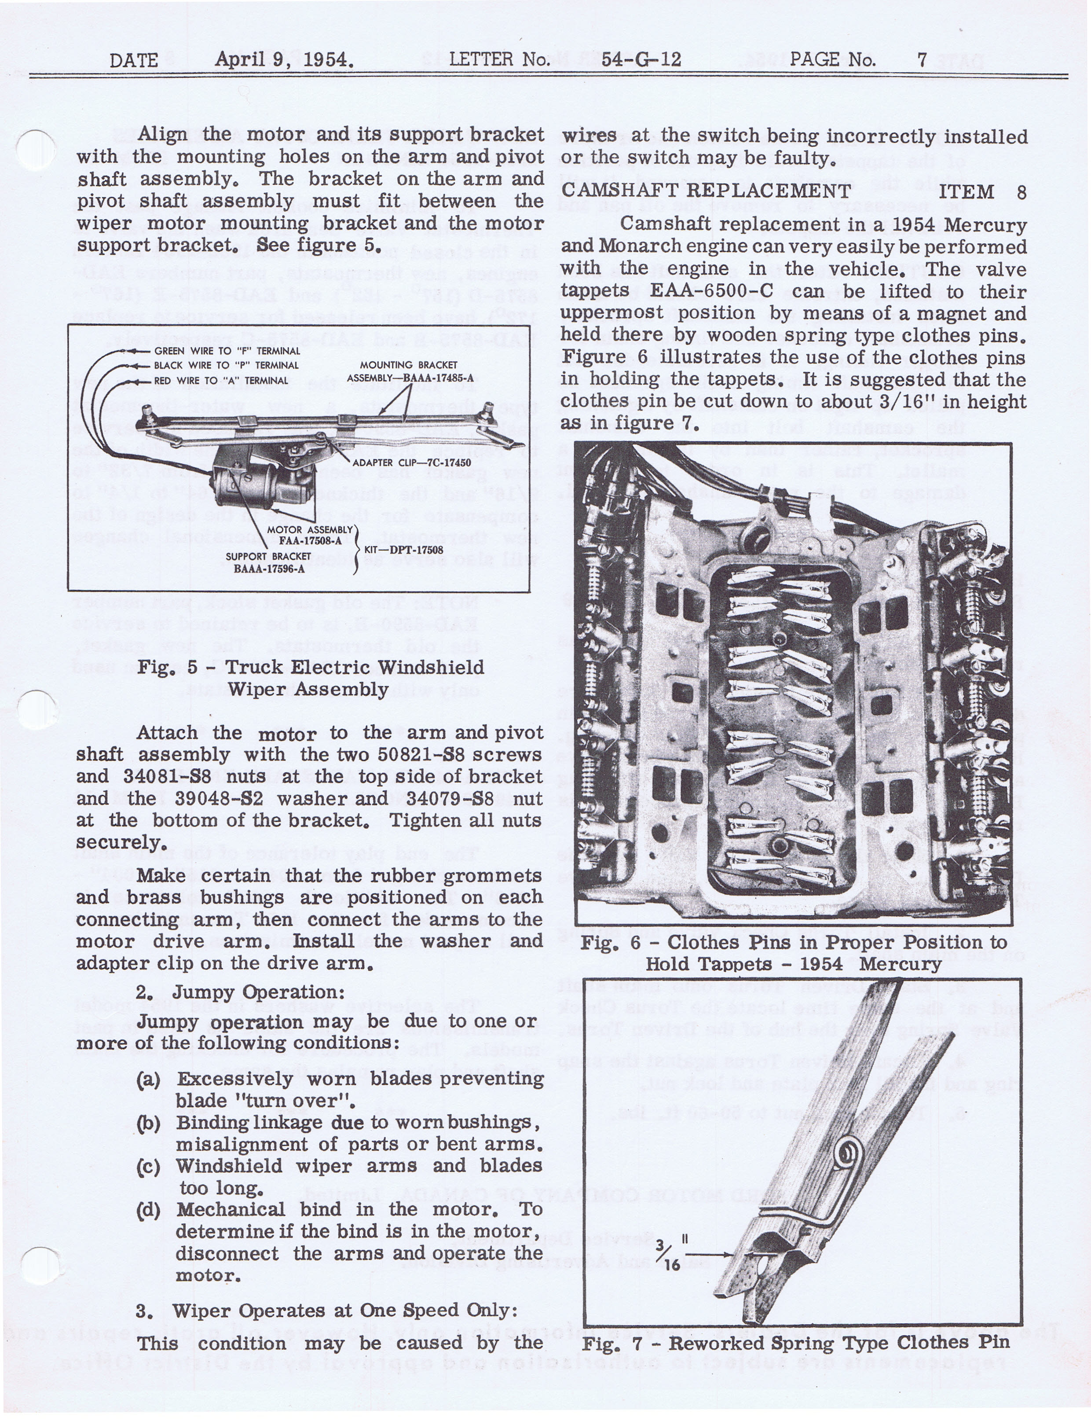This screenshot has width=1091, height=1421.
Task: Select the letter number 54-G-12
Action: (x=641, y=60)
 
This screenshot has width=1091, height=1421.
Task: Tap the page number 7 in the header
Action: (x=922, y=60)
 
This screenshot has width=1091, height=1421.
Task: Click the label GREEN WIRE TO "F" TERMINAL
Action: (x=227, y=351)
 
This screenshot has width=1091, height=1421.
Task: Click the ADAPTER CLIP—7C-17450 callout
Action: (x=411, y=463)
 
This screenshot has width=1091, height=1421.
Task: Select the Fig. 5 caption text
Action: (x=311, y=678)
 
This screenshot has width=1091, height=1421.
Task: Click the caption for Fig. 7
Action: (x=795, y=1342)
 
